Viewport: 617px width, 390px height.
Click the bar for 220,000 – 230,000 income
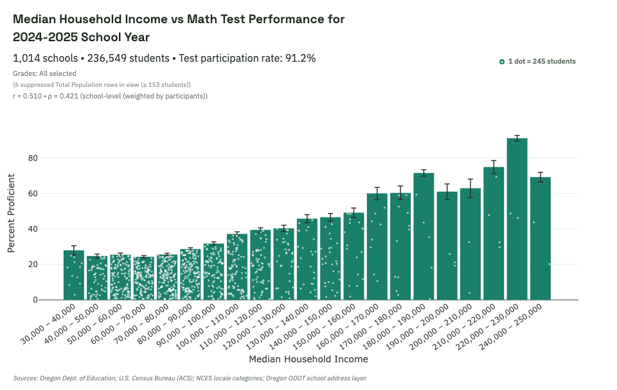coord(517,219)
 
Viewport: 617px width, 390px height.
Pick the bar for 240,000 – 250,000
coord(540,238)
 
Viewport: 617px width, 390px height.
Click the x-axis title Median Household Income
coord(308,359)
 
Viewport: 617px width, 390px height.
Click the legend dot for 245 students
coord(502,62)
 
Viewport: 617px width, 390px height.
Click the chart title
coord(179,28)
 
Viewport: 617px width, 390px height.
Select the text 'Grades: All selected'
coord(44,73)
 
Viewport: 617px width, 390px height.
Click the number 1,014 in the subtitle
coord(26,59)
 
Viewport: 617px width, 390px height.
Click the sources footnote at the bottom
coord(190,378)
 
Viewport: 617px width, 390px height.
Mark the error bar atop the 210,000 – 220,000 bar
coord(494,167)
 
